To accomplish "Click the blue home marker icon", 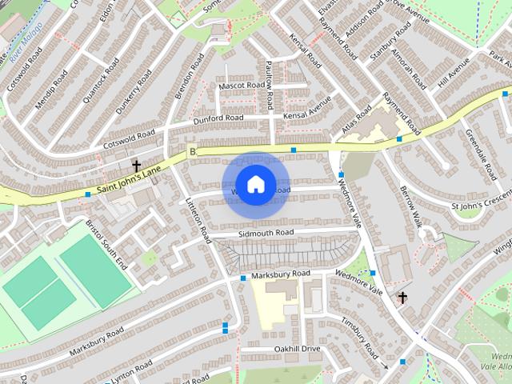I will tap(255, 185).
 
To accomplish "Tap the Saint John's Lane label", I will tap(131, 182).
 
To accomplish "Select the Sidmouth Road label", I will tap(266, 233).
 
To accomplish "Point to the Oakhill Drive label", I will tap(297, 349).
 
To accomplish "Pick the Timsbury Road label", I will tap(359, 339).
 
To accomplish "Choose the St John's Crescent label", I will tap(481, 200).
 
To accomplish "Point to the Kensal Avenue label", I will tap(307, 110).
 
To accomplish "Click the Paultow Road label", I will tap(270, 84).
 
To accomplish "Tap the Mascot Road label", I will tap(241, 85).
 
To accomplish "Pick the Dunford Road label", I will tap(218, 118).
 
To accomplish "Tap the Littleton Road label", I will tap(198, 222).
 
